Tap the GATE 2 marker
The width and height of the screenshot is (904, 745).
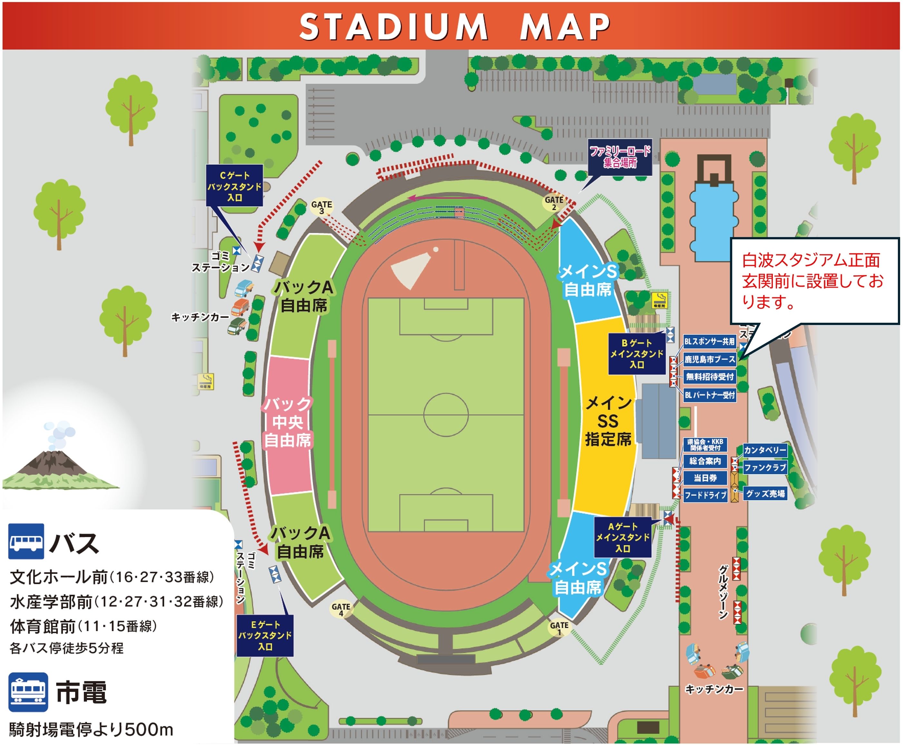coord(554,203)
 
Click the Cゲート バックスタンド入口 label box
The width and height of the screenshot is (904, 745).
coord(235,186)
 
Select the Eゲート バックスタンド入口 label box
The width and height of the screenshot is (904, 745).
coord(265,635)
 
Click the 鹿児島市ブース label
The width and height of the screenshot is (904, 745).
coord(709,359)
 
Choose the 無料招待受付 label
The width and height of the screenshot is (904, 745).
coord(709,377)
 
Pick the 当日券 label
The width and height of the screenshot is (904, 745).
coord(705,478)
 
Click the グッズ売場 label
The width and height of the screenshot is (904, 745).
coord(765,493)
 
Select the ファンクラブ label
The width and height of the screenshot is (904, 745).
coord(765,467)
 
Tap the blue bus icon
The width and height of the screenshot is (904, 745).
coord(26,541)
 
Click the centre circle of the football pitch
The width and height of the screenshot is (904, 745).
coord(446,415)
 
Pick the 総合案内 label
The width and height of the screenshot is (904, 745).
coord(705,461)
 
